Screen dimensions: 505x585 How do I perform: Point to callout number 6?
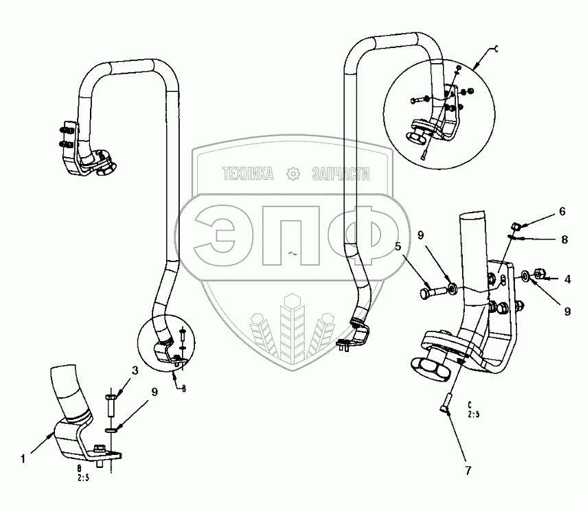pos(562,211)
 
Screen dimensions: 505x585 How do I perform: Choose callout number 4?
pos(568,279)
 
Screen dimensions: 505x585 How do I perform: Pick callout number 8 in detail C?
pos(564,240)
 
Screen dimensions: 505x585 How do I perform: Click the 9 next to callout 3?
pos(154,392)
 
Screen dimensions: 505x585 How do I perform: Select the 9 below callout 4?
pos(568,311)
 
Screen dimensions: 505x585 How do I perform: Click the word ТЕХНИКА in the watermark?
pos(247,175)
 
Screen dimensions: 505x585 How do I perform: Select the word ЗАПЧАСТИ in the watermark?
pos(341,175)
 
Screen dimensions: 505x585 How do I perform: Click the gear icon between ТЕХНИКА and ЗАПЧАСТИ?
pos(293,175)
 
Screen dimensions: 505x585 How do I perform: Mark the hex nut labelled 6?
pos(517,225)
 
